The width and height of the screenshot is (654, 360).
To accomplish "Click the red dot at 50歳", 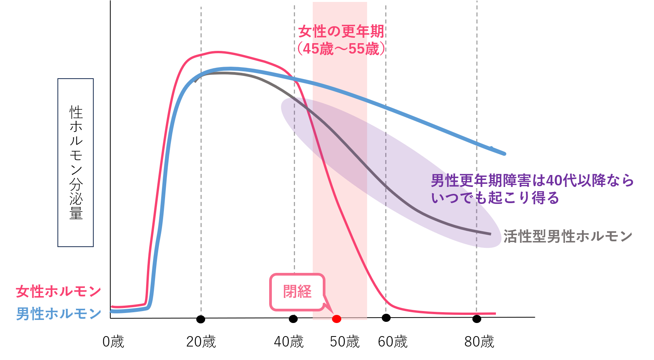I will pos(337,319).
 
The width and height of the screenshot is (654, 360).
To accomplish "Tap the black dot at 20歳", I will pos(201,319).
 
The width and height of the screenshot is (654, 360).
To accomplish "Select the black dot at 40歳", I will pos(293,319).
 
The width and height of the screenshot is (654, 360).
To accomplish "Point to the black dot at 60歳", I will pos(386,318).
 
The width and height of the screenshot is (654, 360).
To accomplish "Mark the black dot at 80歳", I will pos(477,319).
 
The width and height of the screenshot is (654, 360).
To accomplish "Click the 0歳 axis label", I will pos(113,341).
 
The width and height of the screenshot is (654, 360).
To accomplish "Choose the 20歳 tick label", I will pos(201,341).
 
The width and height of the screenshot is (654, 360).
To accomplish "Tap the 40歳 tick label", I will pos(289,341).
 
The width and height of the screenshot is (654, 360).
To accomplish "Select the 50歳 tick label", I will pos(344,341).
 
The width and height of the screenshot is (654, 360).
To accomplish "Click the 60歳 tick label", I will pos(393,341).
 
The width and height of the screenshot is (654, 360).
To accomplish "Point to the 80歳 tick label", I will pos(479,341).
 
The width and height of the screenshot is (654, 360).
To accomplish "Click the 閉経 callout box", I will pos(297,292).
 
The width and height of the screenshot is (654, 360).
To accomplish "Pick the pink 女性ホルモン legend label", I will pos(58,291).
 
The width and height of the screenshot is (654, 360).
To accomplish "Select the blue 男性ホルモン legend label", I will pos(58,314).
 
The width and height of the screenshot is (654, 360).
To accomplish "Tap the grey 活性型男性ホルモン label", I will pos(568,236).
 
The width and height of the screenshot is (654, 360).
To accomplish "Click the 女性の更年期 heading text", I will pos(341,32).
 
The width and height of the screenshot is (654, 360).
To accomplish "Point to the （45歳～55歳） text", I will pos(341,49).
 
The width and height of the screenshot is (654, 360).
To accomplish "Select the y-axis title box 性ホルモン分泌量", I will pos(76,162).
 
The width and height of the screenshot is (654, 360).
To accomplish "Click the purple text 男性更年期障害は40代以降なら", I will pos(532,180).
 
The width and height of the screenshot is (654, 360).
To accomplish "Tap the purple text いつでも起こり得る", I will pos(495,198).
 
